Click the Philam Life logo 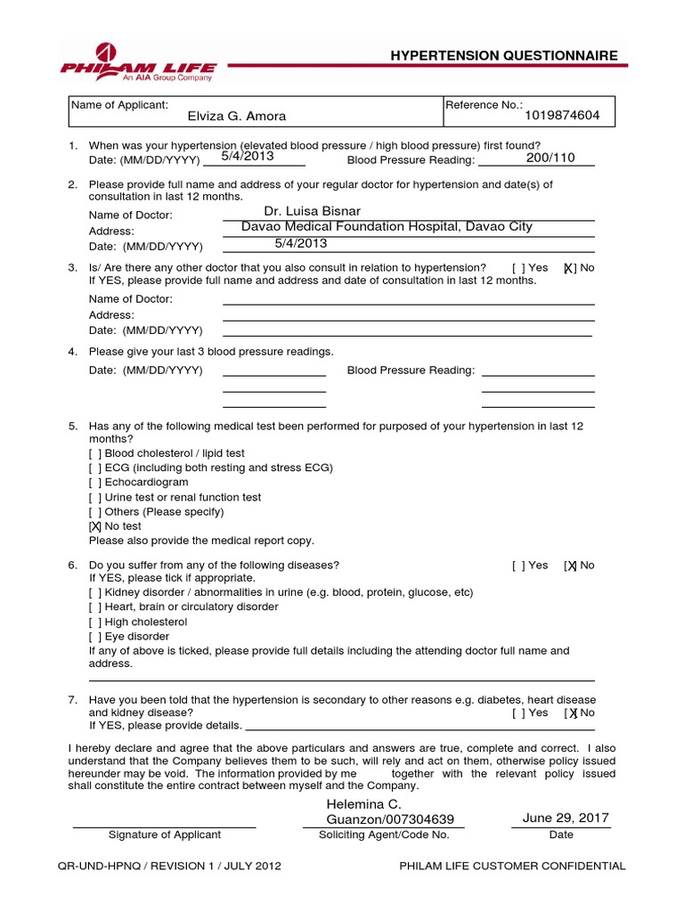[x=139, y=61]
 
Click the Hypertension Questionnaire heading [x=504, y=55]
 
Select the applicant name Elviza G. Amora [x=236, y=116]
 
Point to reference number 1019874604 [x=562, y=115]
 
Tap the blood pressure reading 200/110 [x=550, y=158]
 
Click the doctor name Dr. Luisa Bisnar [x=313, y=211]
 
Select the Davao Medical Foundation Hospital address [x=387, y=226]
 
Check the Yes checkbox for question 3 [x=518, y=268]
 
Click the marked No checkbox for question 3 [x=569, y=268]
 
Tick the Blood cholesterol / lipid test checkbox [x=95, y=453]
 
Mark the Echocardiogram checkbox [x=95, y=483]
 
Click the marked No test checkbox [x=95, y=526]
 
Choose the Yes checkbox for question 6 [x=518, y=566]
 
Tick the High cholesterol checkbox [x=95, y=622]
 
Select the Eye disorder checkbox [x=95, y=637]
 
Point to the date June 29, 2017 [x=560, y=818]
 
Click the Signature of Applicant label [x=165, y=835]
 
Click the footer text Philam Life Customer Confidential [x=512, y=866]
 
